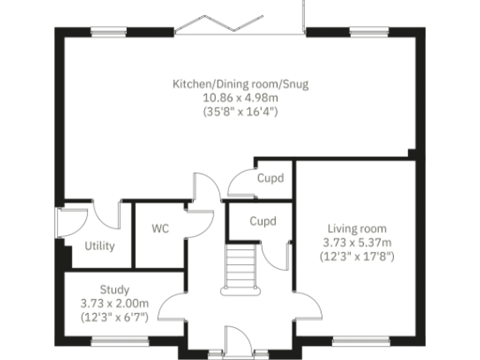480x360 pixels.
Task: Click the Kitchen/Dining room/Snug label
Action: (240, 84)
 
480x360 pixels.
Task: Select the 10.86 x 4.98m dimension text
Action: (240, 97)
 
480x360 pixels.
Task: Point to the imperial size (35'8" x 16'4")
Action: (240, 112)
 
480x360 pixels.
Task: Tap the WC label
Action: (159, 229)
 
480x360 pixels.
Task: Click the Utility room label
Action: (99, 247)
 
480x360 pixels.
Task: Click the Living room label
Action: (356, 228)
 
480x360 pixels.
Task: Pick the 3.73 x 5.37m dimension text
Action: (356, 242)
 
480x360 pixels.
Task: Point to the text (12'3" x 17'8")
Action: (356, 255)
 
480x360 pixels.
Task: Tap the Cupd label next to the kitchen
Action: (270, 178)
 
